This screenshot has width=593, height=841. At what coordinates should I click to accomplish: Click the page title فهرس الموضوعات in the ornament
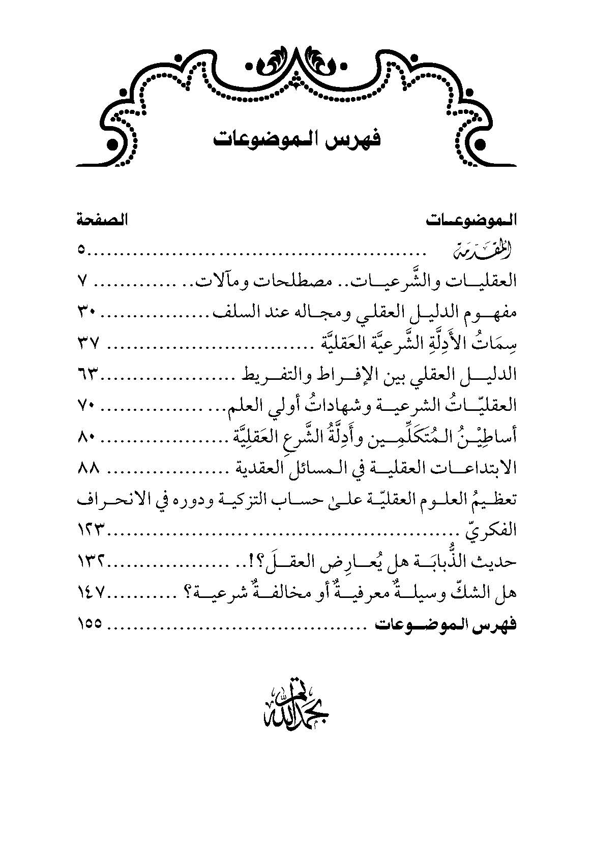pos(296,139)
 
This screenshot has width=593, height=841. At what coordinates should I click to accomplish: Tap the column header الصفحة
pos(102,221)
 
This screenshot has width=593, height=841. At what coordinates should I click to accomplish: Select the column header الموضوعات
pos(469,221)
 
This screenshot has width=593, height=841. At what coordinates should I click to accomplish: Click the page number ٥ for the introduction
pos(82,250)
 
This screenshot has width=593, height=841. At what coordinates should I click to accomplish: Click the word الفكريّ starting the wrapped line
pos(491,531)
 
